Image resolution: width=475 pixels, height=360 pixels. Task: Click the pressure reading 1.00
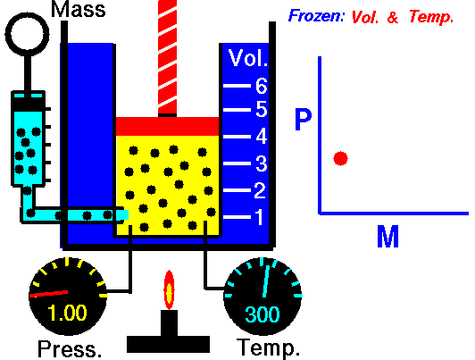pos(67,313)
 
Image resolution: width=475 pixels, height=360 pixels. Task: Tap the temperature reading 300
pos(262,314)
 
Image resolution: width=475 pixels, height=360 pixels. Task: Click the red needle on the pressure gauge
pos(48,294)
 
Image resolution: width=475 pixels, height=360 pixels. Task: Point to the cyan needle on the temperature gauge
pos(266,281)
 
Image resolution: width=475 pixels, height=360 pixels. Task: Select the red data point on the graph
pos(340,158)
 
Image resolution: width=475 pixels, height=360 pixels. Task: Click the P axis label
pos(304,119)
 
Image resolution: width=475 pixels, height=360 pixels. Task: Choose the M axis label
pos(387,237)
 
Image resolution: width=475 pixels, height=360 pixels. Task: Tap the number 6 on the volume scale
pos(262,86)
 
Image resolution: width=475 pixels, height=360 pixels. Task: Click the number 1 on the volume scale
pos(259,217)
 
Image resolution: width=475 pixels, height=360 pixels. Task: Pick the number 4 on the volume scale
pos(262,136)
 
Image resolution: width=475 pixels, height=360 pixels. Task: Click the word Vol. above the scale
pos(248,57)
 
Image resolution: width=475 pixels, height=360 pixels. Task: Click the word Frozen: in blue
pos(316,15)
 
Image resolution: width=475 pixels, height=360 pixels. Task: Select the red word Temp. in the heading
pos(431,17)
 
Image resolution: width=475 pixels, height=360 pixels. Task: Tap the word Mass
pos(79,9)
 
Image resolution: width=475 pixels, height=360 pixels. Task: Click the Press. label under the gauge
pos(70,348)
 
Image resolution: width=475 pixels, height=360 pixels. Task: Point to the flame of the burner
pos(169,290)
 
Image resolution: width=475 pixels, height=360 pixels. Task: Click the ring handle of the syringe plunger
pos(28,13)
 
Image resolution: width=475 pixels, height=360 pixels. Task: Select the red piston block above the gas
pos(168,126)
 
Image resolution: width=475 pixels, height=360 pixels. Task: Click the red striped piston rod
pos(168,57)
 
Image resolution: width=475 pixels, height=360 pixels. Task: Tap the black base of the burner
pos(168,344)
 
